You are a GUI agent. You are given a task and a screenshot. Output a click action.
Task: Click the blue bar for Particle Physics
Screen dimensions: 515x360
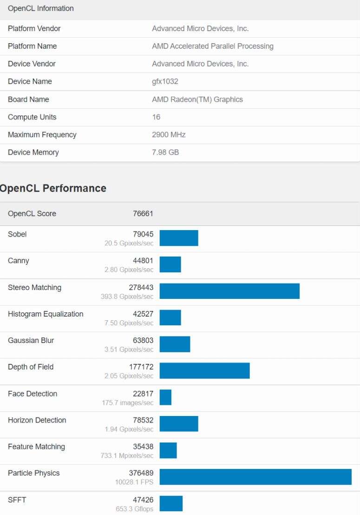255,477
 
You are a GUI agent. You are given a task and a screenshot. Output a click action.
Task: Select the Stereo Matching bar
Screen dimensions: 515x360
229,291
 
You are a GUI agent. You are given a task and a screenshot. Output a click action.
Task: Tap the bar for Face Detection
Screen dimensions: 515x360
165,397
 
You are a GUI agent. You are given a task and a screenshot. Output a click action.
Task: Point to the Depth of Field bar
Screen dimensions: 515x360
204,371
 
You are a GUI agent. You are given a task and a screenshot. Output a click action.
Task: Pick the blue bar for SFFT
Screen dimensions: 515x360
171,503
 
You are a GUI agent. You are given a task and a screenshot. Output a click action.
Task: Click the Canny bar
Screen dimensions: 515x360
170,264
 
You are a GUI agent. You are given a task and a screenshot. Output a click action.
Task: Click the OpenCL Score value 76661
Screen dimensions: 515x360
143,214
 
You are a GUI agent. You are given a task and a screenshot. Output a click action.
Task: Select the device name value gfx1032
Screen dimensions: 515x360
165,81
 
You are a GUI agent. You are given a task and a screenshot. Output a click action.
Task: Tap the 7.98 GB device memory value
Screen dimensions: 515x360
165,152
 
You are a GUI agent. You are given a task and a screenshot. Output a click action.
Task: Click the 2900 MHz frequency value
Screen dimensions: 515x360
169,135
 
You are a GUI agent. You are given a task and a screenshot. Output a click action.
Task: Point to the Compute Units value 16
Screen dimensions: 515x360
156,117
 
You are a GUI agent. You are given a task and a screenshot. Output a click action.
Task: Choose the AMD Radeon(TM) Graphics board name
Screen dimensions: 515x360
197,99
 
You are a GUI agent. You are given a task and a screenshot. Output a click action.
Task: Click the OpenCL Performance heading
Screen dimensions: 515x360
53,188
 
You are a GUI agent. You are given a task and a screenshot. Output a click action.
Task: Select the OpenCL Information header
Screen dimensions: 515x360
41,8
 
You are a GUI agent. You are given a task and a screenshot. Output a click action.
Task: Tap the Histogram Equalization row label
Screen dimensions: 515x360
46,314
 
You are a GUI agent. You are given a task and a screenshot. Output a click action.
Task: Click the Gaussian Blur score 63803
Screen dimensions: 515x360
143,341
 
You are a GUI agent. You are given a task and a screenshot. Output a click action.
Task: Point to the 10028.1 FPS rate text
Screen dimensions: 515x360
134,482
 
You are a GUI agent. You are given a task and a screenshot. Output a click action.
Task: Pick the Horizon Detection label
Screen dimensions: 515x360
37,420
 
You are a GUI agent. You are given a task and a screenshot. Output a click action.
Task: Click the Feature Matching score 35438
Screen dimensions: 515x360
143,447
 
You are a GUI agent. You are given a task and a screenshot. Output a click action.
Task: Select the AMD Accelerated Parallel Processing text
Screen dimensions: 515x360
213,46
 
